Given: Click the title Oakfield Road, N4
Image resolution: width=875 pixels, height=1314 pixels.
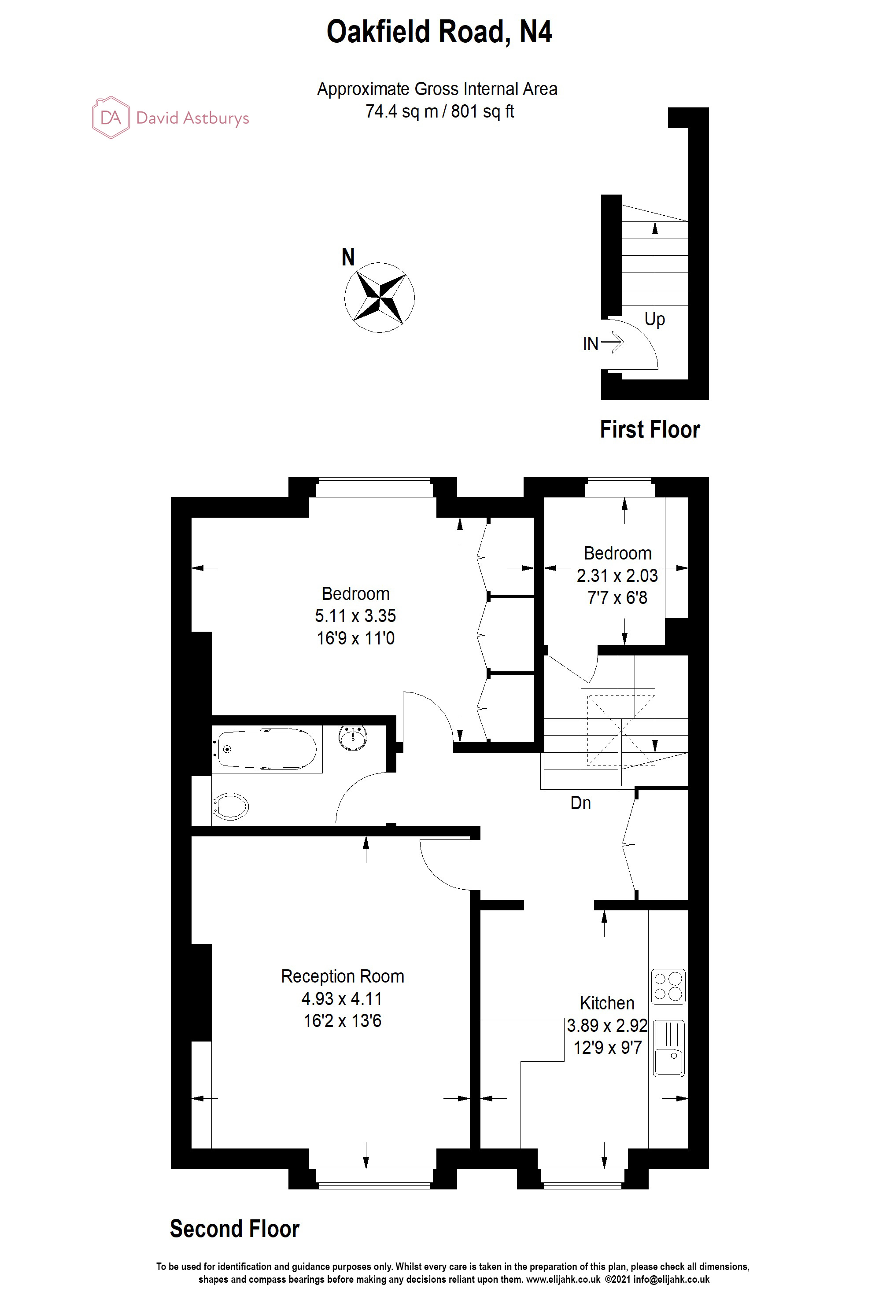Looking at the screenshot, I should [x=439, y=32].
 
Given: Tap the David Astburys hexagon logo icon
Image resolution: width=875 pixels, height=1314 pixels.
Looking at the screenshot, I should [x=111, y=117].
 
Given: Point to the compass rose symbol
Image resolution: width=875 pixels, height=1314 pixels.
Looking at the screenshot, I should [x=380, y=297].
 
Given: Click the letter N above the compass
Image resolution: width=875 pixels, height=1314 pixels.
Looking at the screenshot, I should [x=348, y=258].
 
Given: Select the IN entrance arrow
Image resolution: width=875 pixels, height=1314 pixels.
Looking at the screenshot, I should [x=612, y=342].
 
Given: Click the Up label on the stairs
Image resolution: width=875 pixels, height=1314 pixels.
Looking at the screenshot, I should [x=654, y=320].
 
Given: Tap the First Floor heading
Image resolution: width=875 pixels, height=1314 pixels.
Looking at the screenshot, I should [x=650, y=430].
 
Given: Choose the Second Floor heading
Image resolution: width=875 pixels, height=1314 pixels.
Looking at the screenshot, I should [x=234, y=1229].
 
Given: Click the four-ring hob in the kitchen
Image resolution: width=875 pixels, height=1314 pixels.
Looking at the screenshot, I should [x=668, y=986].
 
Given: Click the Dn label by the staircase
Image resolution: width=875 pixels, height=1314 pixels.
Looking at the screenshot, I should [x=580, y=803].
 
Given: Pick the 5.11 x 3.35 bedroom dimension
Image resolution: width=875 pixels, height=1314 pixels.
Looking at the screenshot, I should [x=355, y=616].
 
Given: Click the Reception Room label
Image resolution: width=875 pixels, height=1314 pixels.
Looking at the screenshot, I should [x=343, y=976].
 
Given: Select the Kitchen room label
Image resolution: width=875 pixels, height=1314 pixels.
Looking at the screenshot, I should [x=607, y=1003].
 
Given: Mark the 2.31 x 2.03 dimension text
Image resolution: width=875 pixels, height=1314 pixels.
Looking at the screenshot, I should [x=617, y=576].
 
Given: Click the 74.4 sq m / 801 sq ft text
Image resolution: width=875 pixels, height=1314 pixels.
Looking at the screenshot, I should [x=439, y=111].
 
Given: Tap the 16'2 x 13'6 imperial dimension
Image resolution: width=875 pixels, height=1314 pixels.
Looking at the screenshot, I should [x=343, y=1021].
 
